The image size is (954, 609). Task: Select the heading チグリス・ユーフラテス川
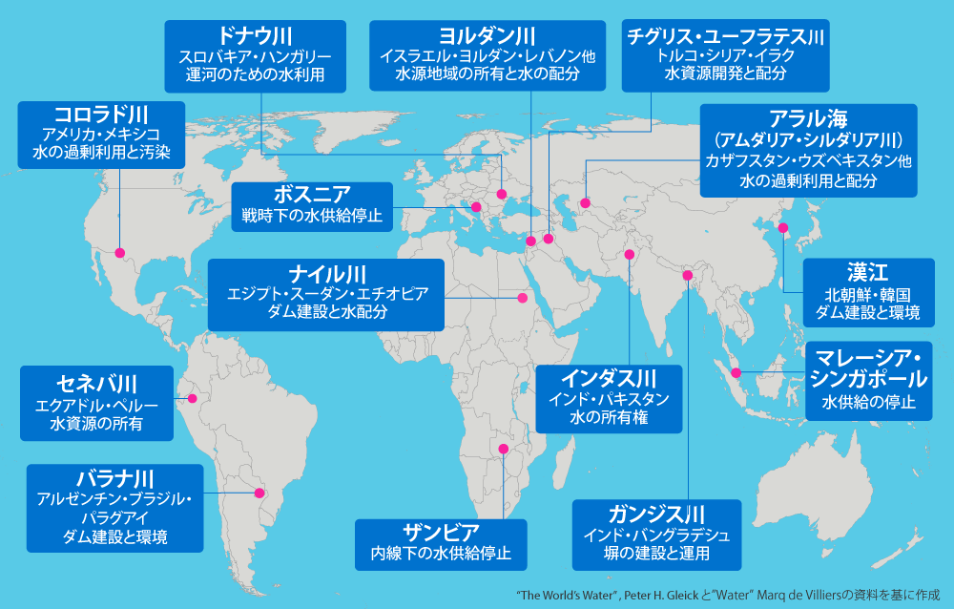click(726, 37)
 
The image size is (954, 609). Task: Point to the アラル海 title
click(807, 120)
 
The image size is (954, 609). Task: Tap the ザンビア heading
click(440, 532)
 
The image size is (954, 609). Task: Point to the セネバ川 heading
click(97, 384)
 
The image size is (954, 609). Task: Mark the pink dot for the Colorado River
click(120, 253)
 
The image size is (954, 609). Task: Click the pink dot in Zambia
click(504, 449)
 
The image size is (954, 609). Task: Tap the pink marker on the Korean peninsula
click(783, 228)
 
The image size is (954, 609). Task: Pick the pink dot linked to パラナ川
click(259, 493)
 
